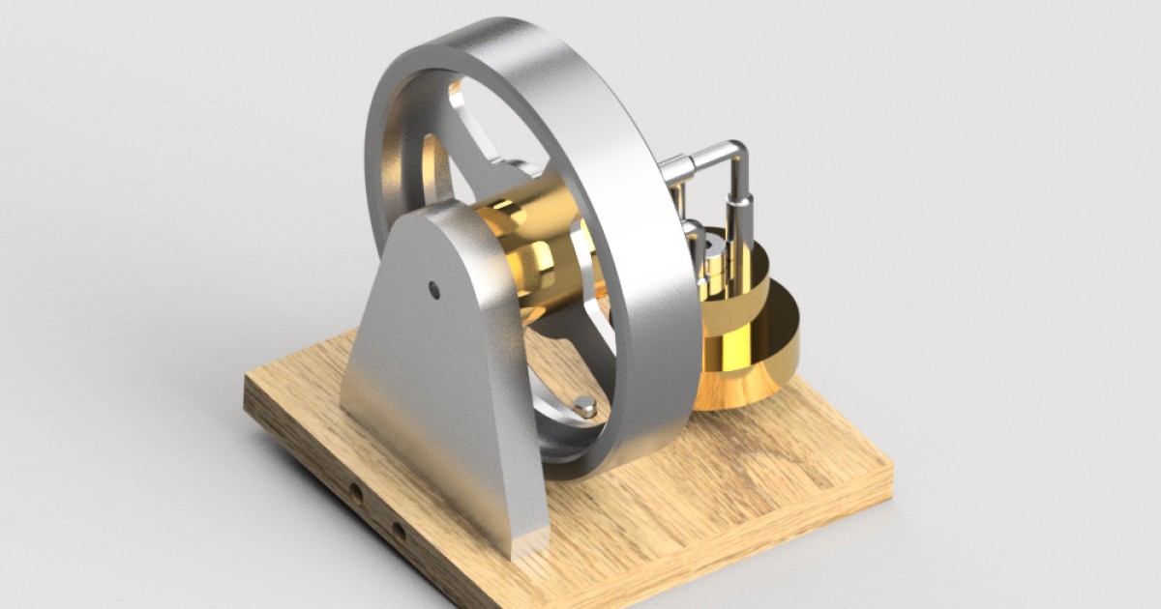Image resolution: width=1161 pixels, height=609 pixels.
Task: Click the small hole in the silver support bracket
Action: pos(434,288)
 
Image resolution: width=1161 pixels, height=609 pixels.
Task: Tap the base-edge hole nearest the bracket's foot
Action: pos(397,530)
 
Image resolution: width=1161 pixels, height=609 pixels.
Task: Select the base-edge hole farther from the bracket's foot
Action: pos(356,493)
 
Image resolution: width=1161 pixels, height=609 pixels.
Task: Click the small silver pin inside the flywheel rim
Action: pos(585,407)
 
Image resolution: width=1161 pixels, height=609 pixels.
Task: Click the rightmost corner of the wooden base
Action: pos(890,483)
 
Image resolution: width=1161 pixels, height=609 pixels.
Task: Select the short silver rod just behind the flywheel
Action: pos(691,237)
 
